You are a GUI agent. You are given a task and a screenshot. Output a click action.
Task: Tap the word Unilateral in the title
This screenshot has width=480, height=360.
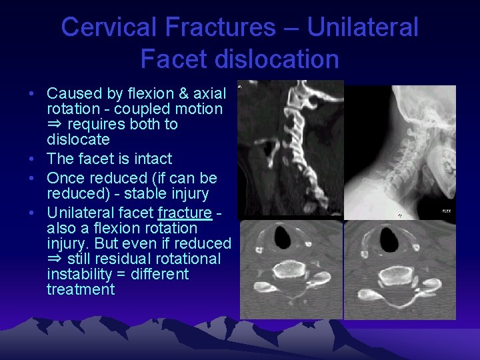(363, 27)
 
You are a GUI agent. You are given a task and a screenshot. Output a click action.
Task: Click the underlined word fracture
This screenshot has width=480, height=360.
(184, 213)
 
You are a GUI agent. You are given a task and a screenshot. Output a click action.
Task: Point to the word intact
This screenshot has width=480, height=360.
(153, 159)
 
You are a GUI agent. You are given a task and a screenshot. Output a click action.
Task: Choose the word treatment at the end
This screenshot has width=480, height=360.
(81, 289)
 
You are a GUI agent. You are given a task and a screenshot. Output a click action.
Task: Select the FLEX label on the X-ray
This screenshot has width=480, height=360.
(446, 211)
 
